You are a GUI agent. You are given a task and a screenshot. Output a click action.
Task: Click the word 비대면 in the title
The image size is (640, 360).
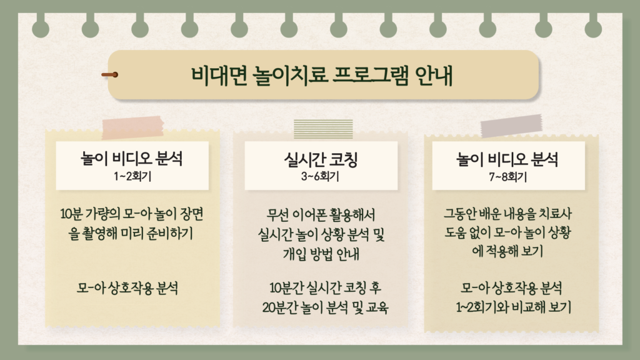[x=219, y=76]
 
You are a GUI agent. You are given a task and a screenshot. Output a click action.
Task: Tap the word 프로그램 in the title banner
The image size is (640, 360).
[x=370, y=76]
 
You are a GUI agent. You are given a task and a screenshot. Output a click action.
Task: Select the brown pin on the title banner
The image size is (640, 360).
[x=110, y=75]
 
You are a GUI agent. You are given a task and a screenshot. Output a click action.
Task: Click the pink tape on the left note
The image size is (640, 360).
[x=132, y=127]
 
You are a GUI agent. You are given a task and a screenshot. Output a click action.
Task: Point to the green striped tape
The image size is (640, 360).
[x=323, y=129]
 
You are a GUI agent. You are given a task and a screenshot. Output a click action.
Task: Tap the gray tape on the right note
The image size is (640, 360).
[x=511, y=125]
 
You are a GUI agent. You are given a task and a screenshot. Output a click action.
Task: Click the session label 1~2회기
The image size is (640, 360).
[x=132, y=176]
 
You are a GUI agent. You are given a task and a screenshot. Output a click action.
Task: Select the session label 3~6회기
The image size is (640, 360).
[x=321, y=176]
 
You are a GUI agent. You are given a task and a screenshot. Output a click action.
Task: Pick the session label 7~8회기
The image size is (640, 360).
[x=508, y=177]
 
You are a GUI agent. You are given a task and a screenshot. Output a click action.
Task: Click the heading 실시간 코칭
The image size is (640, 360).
[x=321, y=159]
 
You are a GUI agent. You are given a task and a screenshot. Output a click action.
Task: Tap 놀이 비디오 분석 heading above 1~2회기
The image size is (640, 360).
[x=132, y=158]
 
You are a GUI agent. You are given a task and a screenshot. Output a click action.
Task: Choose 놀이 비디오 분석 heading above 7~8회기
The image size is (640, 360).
[x=507, y=159]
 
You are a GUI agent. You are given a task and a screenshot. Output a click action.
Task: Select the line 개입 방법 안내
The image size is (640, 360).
[x=321, y=254]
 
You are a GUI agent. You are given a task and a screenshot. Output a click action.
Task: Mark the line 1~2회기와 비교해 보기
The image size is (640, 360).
[x=514, y=307]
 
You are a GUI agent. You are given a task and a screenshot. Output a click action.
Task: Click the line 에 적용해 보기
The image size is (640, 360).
[x=507, y=251]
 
